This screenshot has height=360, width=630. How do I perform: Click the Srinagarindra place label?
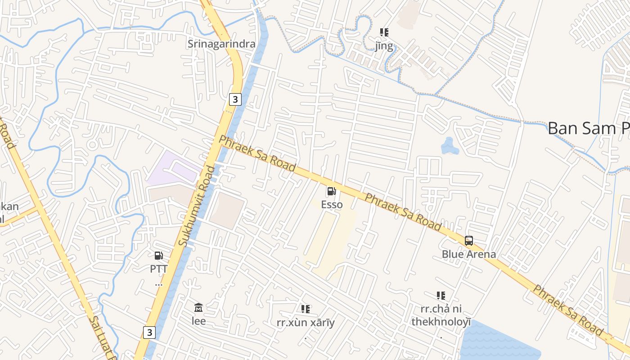tap(221, 44)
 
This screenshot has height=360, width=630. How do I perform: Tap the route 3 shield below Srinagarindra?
tap(235, 99)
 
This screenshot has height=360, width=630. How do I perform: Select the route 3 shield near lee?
tap(149, 333)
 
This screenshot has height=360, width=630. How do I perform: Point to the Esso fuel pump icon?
tap(332, 192)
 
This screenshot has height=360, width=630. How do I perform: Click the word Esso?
tap(332, 205)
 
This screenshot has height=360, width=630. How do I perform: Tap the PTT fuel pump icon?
tap(159, 256)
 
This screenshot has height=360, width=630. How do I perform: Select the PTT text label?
tap(159, 269)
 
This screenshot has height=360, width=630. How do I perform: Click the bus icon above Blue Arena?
tap(469, 241)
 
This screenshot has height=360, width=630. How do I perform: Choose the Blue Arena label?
tap(469, 254)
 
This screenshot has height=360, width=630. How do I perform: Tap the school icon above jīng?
tap(384, 32)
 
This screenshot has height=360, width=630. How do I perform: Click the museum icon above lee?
tap(198, 308)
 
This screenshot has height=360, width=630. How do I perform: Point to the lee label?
tap(198, 321)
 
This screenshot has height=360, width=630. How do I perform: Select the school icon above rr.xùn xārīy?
tap(306, 309)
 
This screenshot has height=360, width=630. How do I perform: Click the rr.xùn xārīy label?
tap(306, 323)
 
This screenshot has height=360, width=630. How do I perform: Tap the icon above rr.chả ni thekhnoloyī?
tap(441, 296)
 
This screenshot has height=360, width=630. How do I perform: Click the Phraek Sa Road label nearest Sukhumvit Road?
tap(257, 153)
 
